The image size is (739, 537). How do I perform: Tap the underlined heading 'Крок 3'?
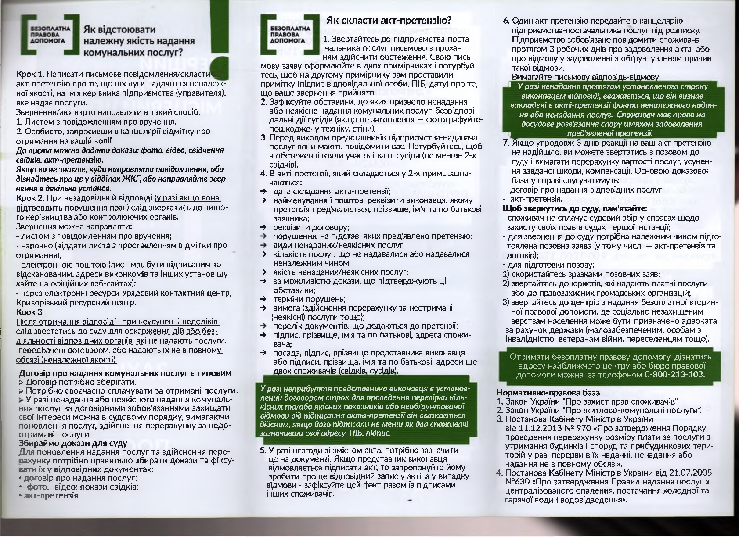pos(29,312)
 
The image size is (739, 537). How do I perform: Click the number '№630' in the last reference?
pos(516,482)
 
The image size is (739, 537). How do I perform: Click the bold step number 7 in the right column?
pos(505,143)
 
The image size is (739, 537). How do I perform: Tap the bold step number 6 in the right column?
pos(506,21)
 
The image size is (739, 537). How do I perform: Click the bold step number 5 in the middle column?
pos(263,450)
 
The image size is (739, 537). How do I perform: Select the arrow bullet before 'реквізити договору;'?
pos(263,227)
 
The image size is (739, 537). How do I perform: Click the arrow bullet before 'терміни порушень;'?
pos(263,299)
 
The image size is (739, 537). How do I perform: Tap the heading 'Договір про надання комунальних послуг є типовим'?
pos(125,373)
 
